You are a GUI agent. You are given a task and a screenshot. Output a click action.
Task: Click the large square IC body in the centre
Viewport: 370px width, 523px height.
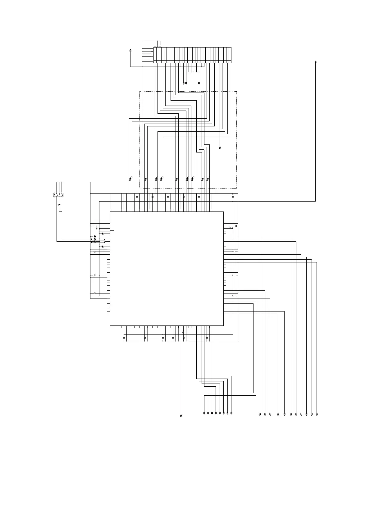click(167, 268)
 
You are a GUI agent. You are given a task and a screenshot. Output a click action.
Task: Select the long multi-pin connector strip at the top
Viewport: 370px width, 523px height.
click(192, 55)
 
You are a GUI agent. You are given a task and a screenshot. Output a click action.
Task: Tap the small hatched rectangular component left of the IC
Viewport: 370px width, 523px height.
click(58, 195)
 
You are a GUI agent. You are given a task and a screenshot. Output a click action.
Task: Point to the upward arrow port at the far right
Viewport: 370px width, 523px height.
click(316, 62)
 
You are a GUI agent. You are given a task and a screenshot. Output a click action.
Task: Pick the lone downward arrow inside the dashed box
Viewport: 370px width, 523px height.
click(220, 148)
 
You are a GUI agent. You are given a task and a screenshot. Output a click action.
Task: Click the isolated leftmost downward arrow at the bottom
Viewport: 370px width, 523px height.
click(181, 415)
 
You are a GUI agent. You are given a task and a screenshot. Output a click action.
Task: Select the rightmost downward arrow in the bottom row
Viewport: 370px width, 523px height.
click(317, 414)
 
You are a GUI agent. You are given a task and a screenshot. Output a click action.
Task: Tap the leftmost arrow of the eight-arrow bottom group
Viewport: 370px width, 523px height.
click(204, 413)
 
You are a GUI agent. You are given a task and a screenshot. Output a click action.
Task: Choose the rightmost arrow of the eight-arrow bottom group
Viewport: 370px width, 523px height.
click(232, 413)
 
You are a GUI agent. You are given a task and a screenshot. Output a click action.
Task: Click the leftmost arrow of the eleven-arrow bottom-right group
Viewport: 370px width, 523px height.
click(260, 414)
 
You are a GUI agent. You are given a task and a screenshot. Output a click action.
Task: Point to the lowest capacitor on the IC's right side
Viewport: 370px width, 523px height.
click(235, 296)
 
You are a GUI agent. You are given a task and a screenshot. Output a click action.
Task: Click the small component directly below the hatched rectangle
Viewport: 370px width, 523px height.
click(59, 205)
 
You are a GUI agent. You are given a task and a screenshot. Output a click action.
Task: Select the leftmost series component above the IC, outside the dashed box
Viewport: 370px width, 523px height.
click(130, 179)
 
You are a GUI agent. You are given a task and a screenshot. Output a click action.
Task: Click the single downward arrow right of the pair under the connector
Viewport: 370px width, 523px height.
click(199, 83)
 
